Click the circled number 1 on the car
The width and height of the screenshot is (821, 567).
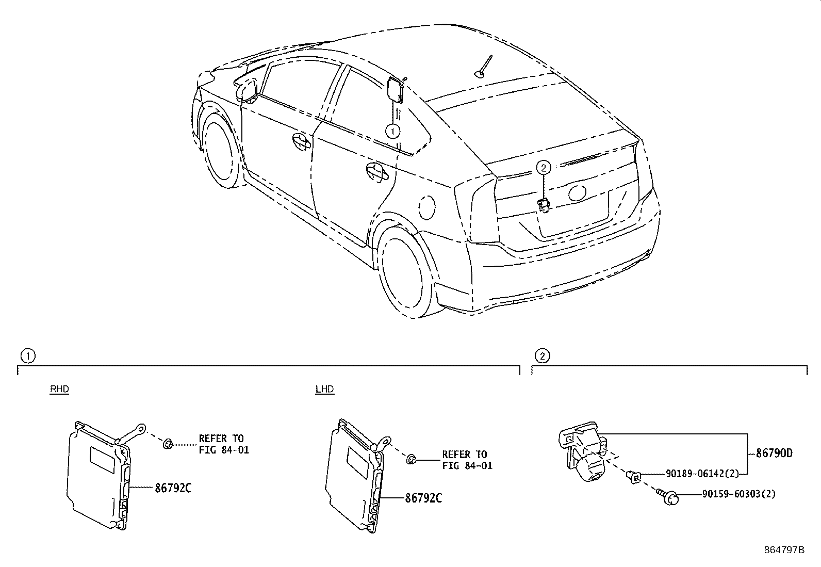pyautogui.click(x=392, y=131)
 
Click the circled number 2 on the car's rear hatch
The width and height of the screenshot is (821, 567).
pyautogui.click(x=544, y=168)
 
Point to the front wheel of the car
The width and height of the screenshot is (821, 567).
pyautogui.click(x=220, y=150)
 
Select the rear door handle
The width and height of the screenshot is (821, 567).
pyautogui.click(x=377, y=172)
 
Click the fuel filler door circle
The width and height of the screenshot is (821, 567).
pyautogui.click(x=426, y=207)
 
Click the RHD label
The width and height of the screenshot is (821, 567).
pyautogui.click(x=59, y=389)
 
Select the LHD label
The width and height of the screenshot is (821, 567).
pyautogui.click(x=325, y=389)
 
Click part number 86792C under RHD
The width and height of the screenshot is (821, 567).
pyautogui.click(x=173, y=488)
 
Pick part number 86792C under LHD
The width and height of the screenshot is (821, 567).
pyautogui.click(x=423, y=498)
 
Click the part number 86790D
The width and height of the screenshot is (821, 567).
pyautogui.click(x=774, y=453)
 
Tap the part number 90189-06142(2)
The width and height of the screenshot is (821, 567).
pyautogui.click(x=702, y=474)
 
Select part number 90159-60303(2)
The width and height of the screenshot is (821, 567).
pyautogui.click(x=739, y=494)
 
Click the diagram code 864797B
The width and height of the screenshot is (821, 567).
pyautogui.click(x=784, y=550)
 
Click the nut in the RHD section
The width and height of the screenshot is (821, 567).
pyautogui.click(x=168, y=444)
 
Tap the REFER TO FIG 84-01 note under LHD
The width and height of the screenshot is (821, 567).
pyautogui.click(x=467, y=460)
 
